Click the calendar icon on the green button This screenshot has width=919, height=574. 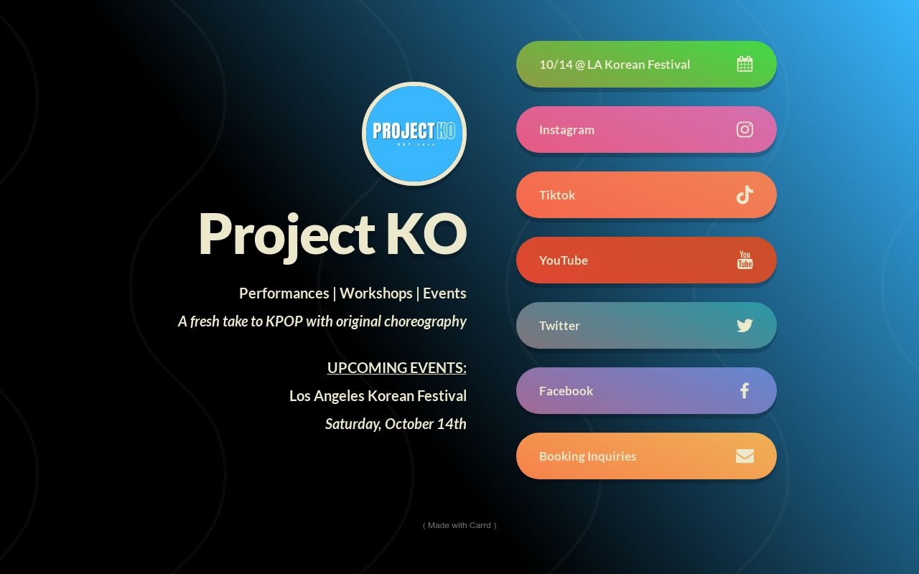745,64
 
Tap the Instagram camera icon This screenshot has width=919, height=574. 745,129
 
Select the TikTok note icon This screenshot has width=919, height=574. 745,194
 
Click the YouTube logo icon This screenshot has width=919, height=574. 745,260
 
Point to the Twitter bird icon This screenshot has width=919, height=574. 745,325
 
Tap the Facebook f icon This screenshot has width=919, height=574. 745,390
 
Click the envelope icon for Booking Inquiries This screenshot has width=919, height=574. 745,456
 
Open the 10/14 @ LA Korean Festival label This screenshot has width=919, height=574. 614,65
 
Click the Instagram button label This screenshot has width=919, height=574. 566,130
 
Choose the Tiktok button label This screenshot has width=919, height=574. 556,195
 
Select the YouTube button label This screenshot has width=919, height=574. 563,260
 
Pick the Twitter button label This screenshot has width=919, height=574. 559,326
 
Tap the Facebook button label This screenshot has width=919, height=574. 566,391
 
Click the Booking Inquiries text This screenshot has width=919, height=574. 587,456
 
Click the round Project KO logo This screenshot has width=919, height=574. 414,133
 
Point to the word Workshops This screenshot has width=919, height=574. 375,293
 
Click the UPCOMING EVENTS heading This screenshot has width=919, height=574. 396,367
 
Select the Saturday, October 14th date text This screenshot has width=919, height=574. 396,423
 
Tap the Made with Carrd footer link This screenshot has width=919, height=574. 459,525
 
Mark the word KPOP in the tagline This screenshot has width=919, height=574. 284,321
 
